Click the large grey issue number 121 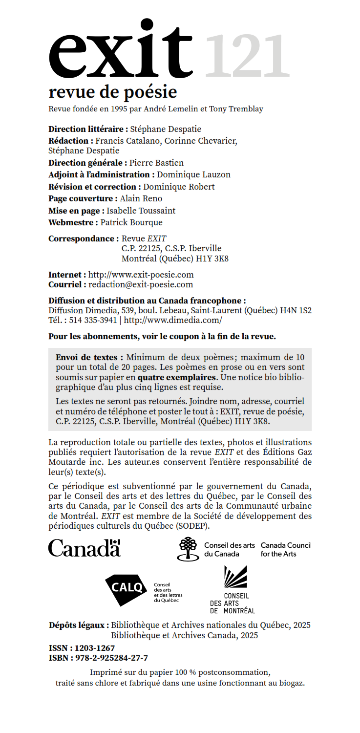[247, 56]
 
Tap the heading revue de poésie [112, 91]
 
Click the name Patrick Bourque [131, 222]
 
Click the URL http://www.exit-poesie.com [141, 275]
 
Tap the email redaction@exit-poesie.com [141, 284]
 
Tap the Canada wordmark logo [84, 548]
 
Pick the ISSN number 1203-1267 [95, 648]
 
